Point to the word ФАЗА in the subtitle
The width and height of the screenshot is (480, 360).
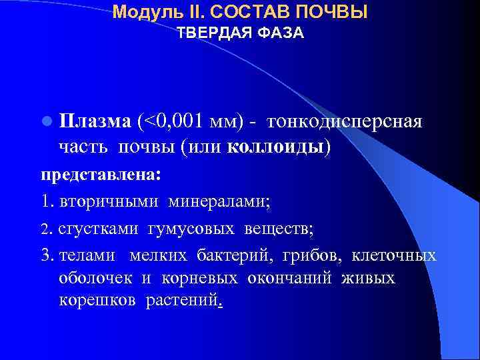pos(283,33)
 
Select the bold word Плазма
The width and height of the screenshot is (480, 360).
pos(95,122)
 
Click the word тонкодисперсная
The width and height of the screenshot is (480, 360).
pos(344,122)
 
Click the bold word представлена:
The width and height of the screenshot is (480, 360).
pos(101,175)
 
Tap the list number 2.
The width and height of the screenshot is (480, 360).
pos(45,230)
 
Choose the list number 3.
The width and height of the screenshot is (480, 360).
pos(46,256)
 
